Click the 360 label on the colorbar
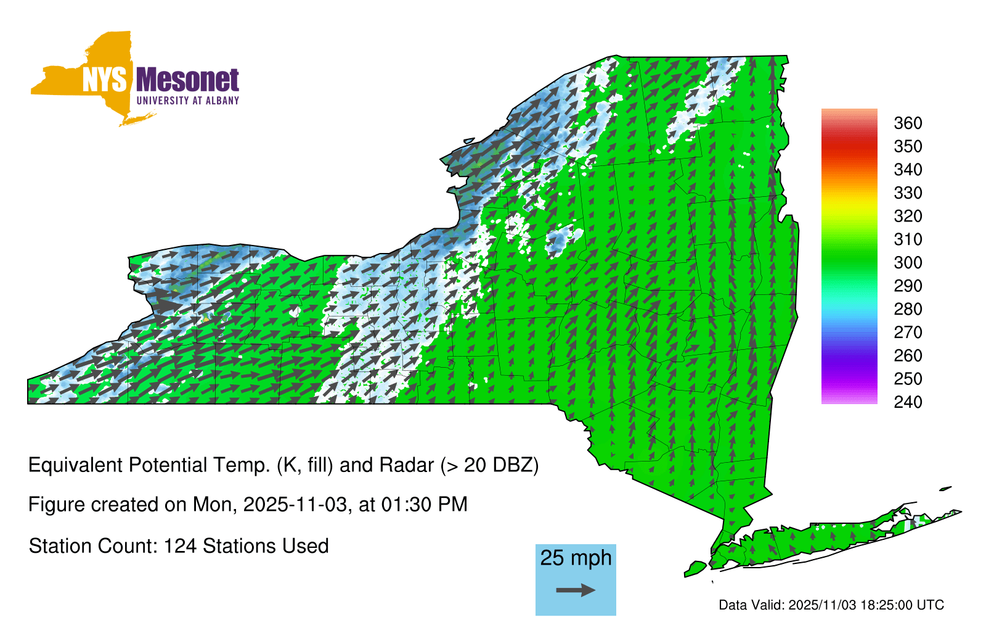(908, 123)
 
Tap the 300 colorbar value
(908, 263)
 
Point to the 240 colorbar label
(908, 402)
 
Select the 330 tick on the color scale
(908, 193)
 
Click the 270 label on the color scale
(908, 333)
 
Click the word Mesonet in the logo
(188, 80)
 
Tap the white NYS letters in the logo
(105, 80)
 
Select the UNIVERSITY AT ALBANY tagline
(188, 101)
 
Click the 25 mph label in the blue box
(576, 558)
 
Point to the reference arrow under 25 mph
(576, 590)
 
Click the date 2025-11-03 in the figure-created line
(295, 505)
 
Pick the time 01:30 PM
(425, 505)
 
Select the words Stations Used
(266, 546)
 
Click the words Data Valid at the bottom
(751, 605)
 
